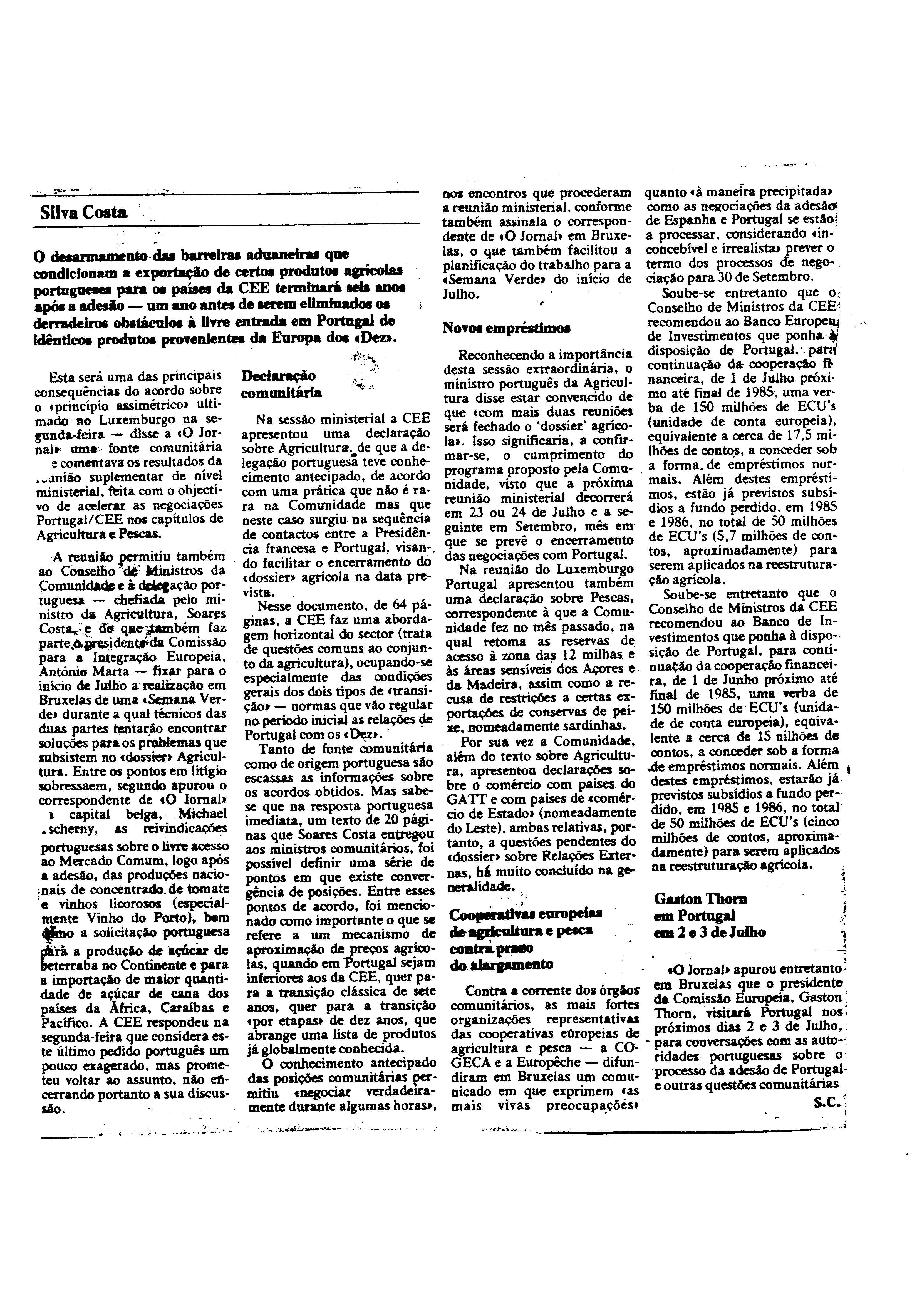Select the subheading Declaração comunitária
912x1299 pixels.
tap(281, 384)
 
